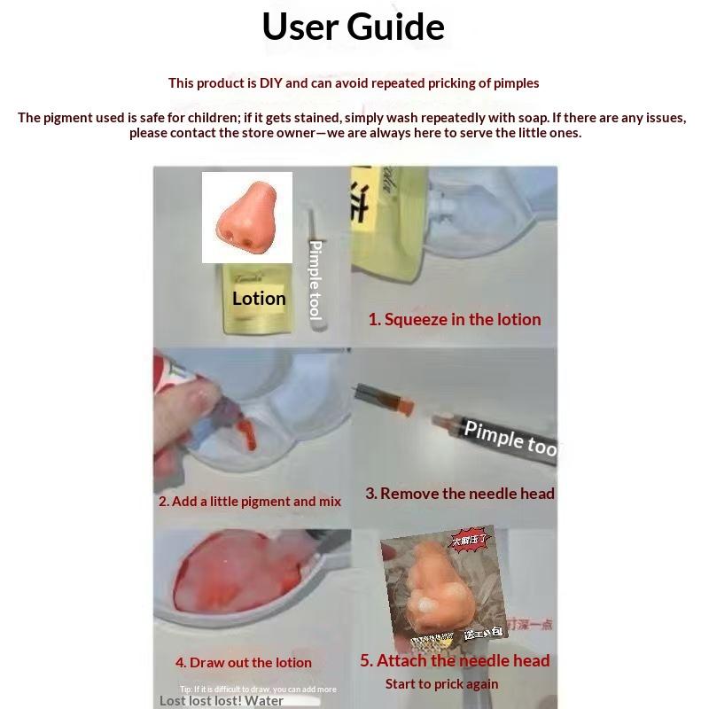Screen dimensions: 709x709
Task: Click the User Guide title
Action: [x=353, y=27]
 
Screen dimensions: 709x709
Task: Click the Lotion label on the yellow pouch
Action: [x=259, y=299]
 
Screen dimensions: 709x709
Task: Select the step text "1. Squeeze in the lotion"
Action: [x=454, y=319]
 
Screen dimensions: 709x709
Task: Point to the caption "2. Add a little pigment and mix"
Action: [x=250, y=502]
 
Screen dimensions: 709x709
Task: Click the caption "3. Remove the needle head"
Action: [x=460, y=494]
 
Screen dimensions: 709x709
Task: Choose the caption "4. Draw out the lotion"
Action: [x=244, y=662]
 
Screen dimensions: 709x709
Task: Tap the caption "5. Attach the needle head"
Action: [x=455, y=660]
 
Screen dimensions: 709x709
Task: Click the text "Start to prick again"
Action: [x=441, y=683]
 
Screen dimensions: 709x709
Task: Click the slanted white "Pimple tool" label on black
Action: [x=511, y=437]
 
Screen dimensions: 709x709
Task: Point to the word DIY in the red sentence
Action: [x=269, y=83]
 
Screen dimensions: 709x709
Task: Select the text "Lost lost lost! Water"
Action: [x=222, y=700]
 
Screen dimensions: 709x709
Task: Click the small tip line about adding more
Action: [x=258, y=689]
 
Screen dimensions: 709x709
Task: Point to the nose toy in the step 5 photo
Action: [x=434, y=589]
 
